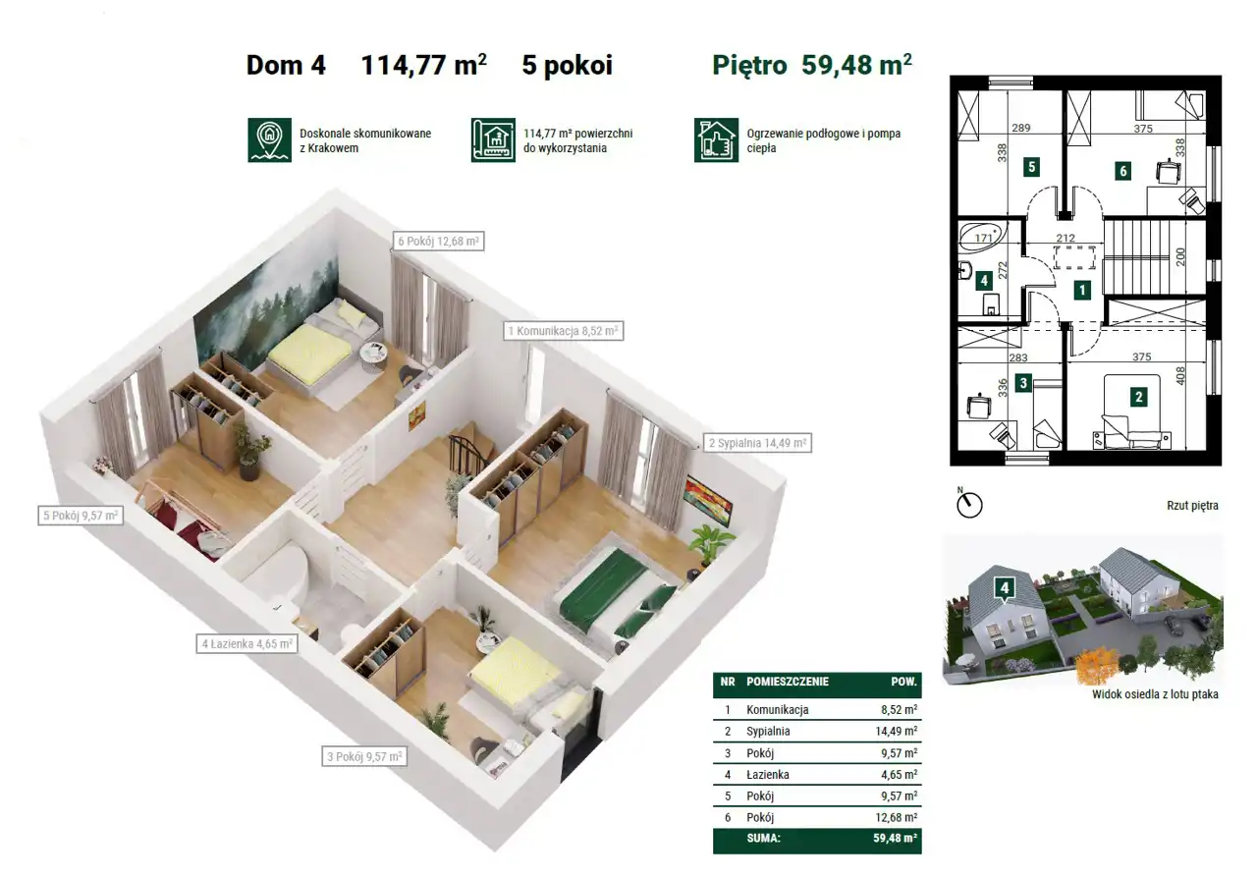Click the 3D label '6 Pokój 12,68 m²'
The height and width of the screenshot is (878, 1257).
(438, 242)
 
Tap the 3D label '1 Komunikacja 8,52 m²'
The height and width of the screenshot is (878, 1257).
(563, 331)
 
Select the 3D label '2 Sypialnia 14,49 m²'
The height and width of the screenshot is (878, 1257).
(757, 443)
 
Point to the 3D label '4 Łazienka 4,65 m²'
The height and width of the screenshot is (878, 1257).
(246, 644)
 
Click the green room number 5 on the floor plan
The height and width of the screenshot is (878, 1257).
(1031, 167)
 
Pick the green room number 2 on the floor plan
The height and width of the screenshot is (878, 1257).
(1138, 397)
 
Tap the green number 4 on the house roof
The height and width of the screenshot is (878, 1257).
(1004, 588)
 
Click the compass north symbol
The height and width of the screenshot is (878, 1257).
(969, 503)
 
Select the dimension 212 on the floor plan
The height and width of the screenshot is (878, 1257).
(1066, 238)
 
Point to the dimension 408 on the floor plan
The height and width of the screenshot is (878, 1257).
(1180, 375)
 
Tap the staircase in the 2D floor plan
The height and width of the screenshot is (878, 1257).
(1154, 256)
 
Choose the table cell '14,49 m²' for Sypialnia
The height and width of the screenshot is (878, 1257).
(897, 731)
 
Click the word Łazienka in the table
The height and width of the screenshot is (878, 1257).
(768, 775)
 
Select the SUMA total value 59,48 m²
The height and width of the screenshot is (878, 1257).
(895, 838)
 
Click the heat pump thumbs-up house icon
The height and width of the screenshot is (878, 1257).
(716, 139)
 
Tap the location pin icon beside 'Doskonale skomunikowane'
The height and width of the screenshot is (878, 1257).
(269, 139)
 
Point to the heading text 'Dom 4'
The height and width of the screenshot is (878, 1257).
(286, 65)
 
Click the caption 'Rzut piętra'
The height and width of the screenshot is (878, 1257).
(1192, 505)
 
